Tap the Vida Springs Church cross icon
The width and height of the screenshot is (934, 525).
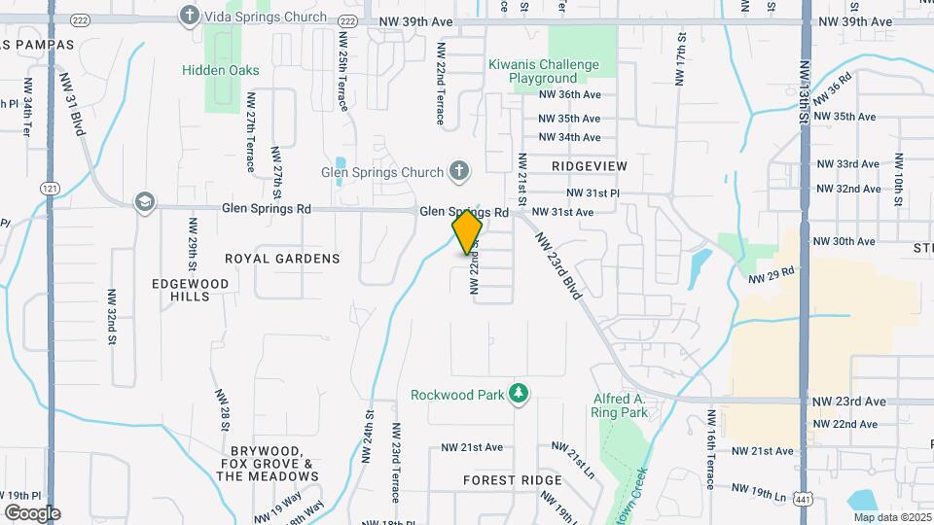[x=189, y=16]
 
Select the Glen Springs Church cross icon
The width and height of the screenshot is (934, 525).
[x=458, y=172]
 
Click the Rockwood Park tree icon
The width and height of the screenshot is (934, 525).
[x=520, y=394]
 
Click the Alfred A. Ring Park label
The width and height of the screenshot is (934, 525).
[x=619, y=405]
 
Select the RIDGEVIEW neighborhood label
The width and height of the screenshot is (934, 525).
[x=589, y=166]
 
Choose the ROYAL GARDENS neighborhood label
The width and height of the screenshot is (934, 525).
[x=282, y=259]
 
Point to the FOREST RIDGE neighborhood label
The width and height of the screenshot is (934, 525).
[x=512, y=480]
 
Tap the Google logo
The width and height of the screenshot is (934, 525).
[x=32, y=513]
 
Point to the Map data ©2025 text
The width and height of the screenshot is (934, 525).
[x=887, y=517]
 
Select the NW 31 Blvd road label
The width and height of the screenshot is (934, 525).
[x=72, y=101]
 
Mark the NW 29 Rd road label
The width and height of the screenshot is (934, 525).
[x=772, y=276]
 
